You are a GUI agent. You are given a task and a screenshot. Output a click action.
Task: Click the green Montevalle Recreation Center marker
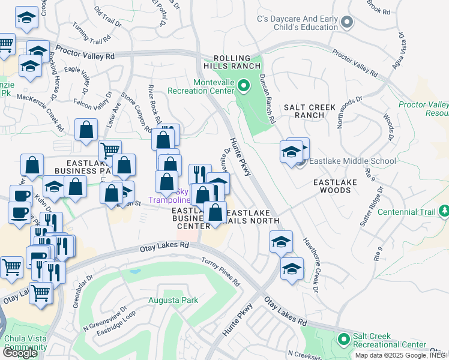[243, 87]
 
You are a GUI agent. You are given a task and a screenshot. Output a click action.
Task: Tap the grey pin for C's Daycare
[346, 23]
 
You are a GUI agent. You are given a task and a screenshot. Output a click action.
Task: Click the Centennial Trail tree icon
[444, 211]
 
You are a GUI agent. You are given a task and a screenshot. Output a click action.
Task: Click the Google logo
[20, 353]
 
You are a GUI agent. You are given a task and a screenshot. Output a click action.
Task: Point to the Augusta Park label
[173, 300]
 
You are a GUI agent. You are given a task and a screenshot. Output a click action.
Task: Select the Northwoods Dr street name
[350, 112]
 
